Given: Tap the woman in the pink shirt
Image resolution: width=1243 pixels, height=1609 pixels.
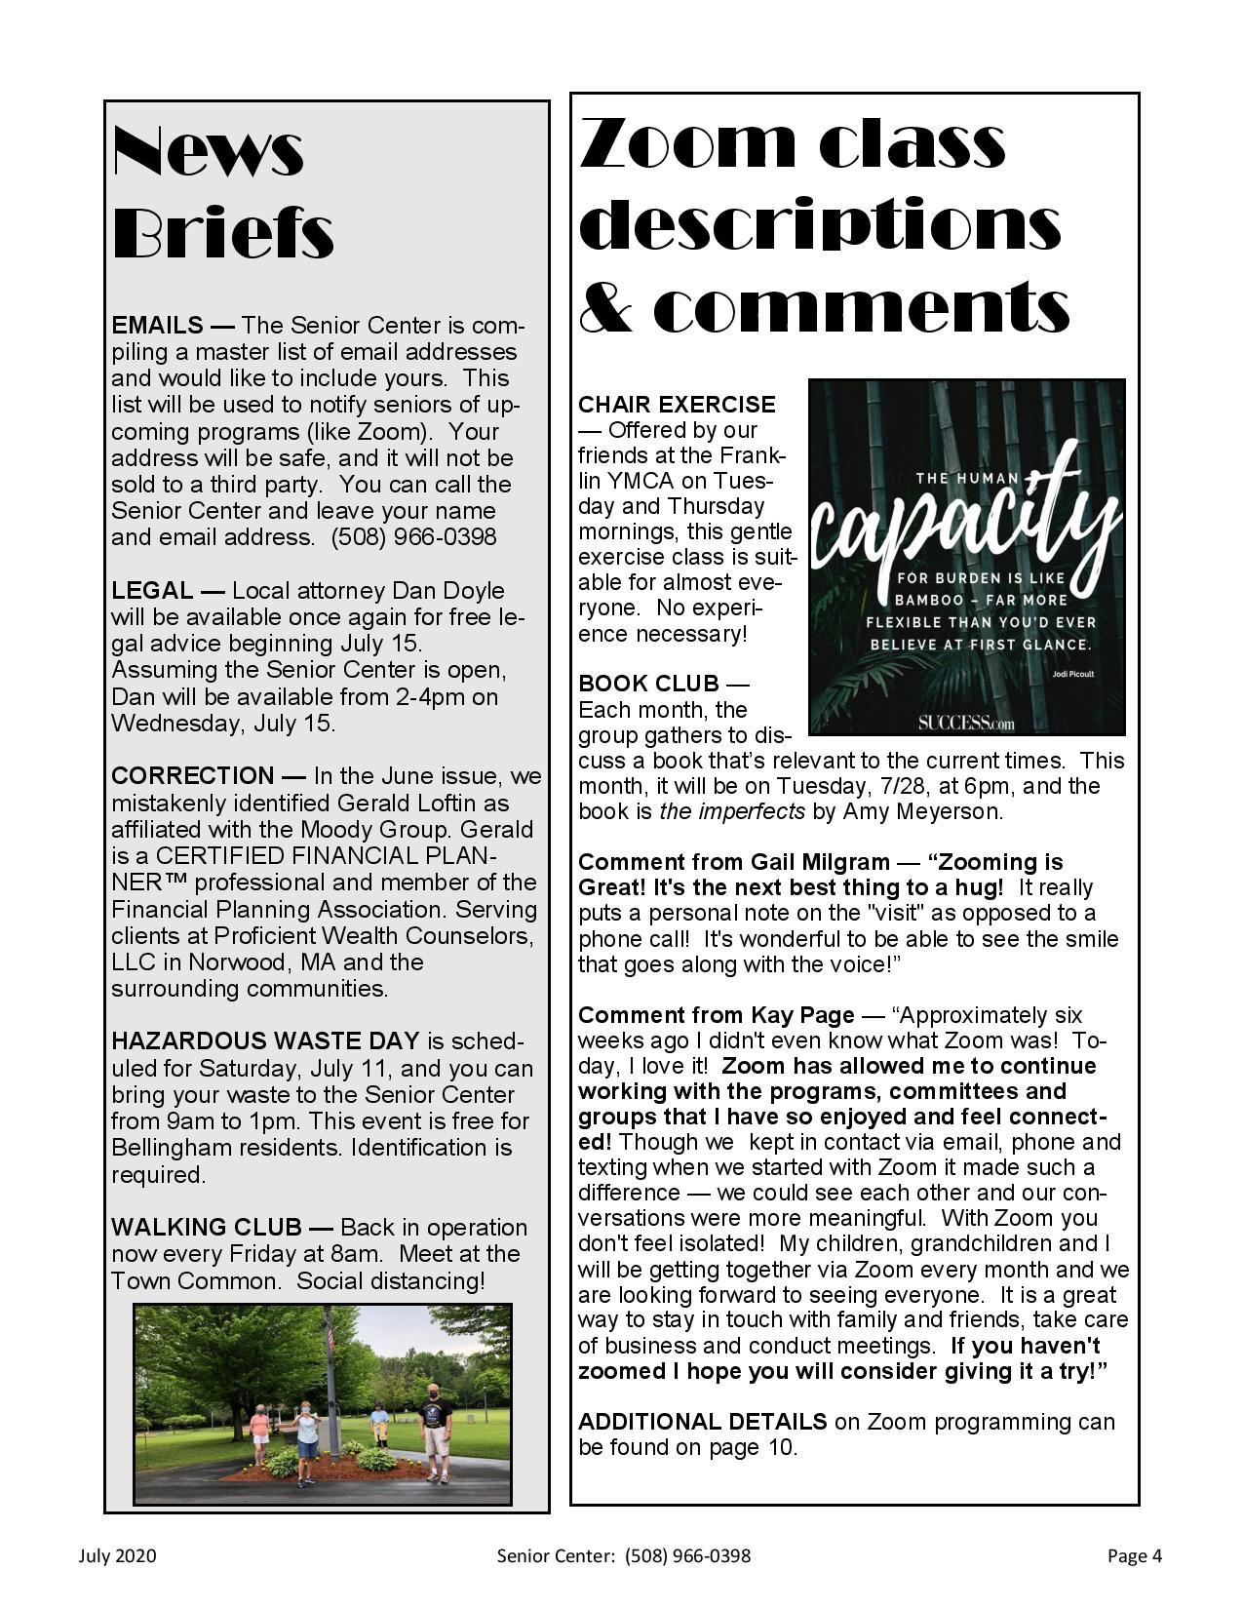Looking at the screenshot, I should pyautogui.click(x=260, y=1434).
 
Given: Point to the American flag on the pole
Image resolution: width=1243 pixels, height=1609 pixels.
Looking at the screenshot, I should pyautogui.click(x=329, y=1342).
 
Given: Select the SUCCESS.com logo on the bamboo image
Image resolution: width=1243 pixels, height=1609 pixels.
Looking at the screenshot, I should pyautogui.click(x=965, y=723).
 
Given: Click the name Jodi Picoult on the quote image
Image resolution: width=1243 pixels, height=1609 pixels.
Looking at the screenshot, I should pyautogui.click(x=1072, y=673).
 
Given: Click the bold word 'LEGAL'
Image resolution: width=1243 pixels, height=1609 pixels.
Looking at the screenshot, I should pyautogui.click(x=152, y=590).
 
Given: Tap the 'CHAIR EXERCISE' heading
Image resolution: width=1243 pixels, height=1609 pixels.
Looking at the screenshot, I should pyautogui.click(x=677, y=404).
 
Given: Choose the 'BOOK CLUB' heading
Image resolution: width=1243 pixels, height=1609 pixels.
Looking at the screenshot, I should pyautogui.click(x=648, y=683).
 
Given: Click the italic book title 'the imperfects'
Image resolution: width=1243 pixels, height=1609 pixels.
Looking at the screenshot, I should pyautogui.click(x=732, y=811).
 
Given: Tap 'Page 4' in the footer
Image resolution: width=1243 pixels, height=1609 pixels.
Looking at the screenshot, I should pyautogui.click(x=1134, y=1555).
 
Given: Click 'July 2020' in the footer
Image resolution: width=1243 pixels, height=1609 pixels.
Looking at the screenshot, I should pyautogui.click(x=117, y=1555).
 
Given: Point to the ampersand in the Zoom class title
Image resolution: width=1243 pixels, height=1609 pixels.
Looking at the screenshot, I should pyautogui.click(x=603, y=307).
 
